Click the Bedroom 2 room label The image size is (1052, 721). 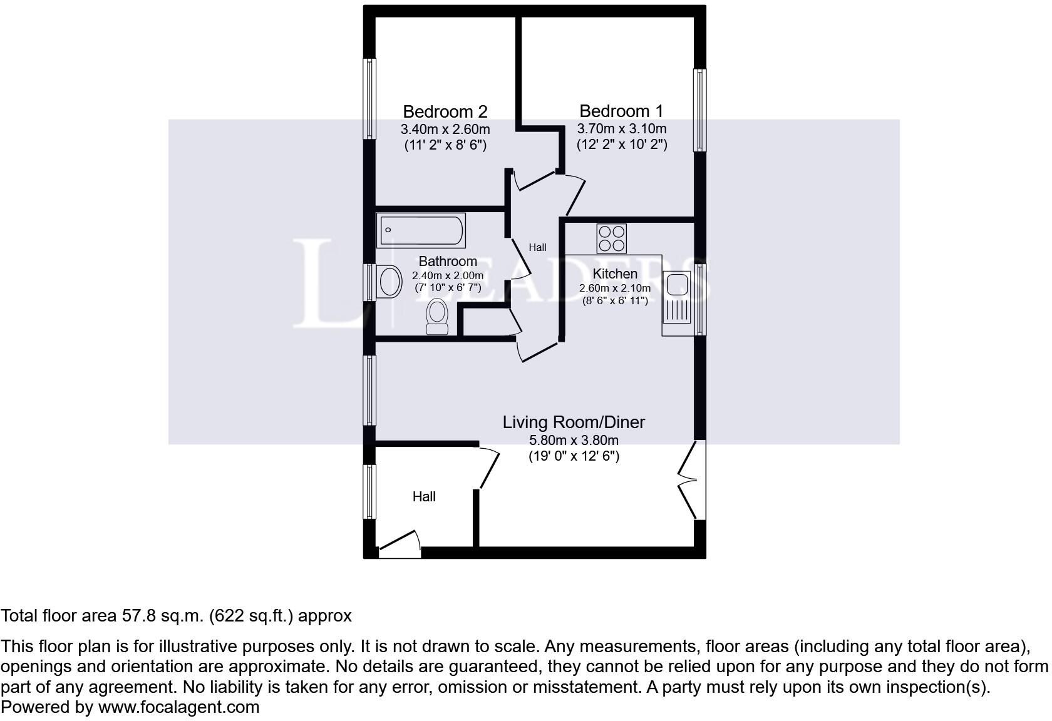[445, 111]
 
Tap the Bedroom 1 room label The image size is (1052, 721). [621, 111]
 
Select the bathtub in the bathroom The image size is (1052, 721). [421, 230]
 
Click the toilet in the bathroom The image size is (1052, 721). [437, 316]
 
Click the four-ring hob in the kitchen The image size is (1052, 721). [611, 238]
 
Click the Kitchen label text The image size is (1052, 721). [615, 274]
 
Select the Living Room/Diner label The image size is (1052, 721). [574, 422]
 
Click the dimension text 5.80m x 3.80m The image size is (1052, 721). [574, 440]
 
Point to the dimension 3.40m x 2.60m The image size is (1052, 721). [445, 130]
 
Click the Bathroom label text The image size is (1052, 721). [448, 261]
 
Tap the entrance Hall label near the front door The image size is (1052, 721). [424, 496]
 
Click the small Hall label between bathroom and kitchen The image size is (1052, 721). [537, 247]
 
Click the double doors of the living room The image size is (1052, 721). [691, 480]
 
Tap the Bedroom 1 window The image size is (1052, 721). [699, 110]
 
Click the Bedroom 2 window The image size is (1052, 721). [371, 98]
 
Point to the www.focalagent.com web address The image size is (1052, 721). [178, 707]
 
